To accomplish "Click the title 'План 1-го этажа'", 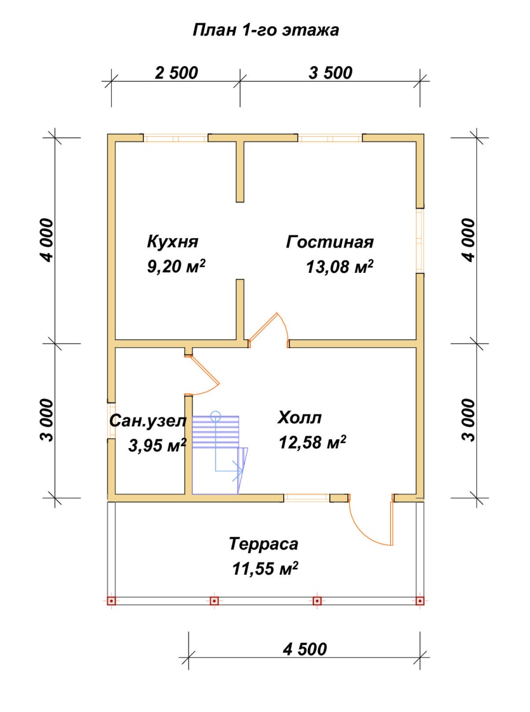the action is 266,31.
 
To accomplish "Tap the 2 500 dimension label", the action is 176,73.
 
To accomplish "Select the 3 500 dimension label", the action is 330,73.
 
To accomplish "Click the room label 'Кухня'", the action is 173,242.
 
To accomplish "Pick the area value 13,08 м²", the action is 340,266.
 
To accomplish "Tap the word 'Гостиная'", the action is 330,242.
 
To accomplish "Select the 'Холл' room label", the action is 300,418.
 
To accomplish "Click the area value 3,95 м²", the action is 157,445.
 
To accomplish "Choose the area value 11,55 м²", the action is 265,569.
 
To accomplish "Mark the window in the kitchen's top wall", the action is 175,139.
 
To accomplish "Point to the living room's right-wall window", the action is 420,240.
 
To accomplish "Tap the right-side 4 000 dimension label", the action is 469,240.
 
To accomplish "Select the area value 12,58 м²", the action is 313,443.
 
